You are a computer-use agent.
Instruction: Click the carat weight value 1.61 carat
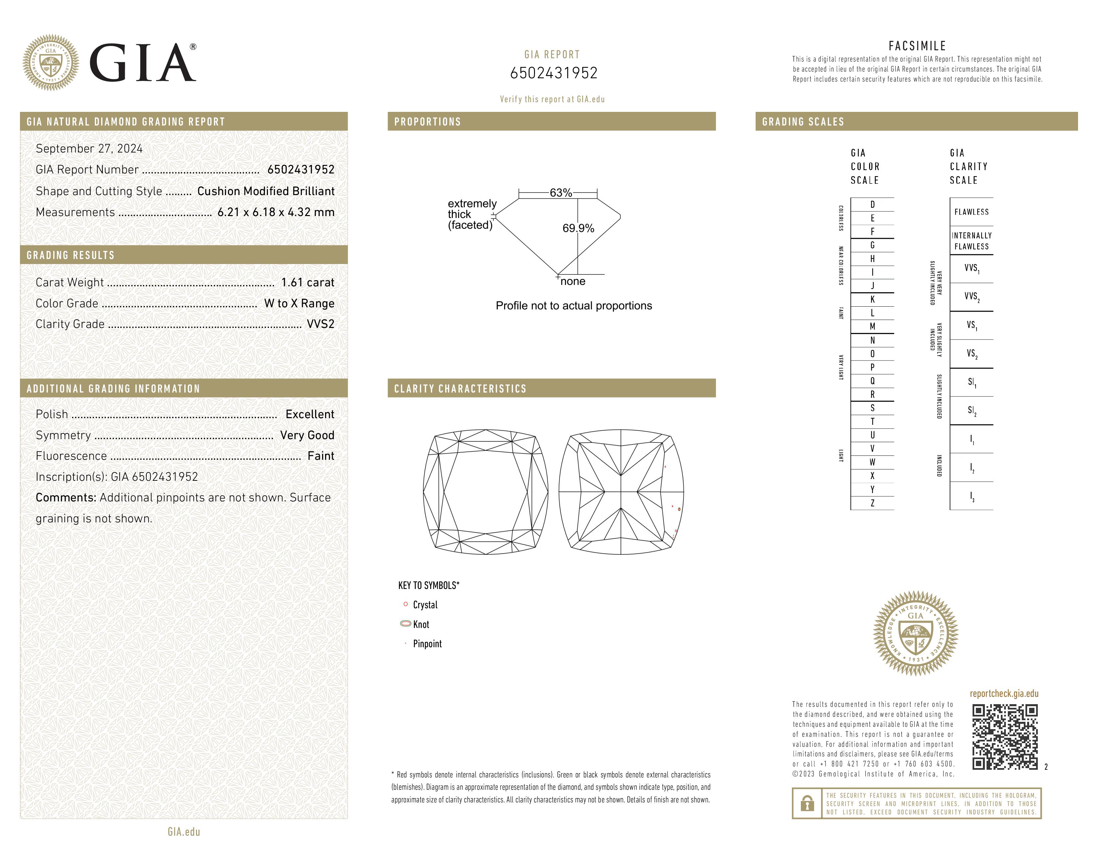pos(307,283)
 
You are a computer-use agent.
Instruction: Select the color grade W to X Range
pos(299,304)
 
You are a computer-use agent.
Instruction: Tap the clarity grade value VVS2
pos(320,324)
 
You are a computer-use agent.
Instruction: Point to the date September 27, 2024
pos(89,149)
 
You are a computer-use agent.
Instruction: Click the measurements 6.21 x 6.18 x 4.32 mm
pos(275,212)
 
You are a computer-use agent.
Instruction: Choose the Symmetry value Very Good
pos(307,435)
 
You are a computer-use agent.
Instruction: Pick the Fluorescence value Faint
pos(321,456)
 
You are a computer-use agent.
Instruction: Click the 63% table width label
pos(561,193)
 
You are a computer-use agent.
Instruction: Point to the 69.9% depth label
pos(578,228)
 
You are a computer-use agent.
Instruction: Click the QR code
pos(1005,737)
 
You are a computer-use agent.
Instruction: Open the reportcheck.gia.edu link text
pos(1004,694)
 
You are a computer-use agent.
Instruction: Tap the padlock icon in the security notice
pos(807,803)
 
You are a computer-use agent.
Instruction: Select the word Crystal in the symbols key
pos(425,605)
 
